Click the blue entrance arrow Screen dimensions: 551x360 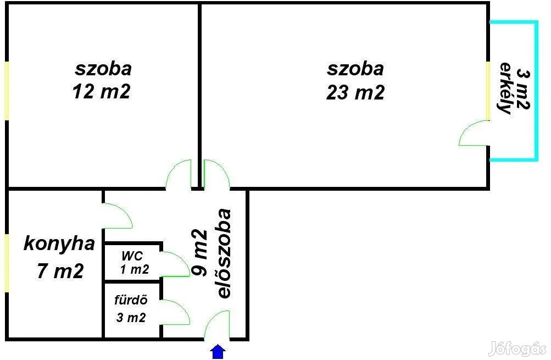click(218, 352)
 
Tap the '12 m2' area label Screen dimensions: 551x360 click(101, 92)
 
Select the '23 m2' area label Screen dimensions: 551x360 click(355, 92)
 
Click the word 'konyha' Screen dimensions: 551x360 click(59, 244)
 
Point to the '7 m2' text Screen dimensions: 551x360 click(60, 271)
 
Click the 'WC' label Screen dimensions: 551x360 click(132, 256)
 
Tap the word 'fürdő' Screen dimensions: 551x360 click(131, 300)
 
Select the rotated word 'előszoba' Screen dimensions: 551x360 click(224, 254)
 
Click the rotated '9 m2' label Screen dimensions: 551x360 click(199, 252)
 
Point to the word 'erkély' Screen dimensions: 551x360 click(505, 88)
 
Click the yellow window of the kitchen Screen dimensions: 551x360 click(7, 263)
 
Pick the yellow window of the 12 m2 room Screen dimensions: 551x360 click(7, 91)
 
